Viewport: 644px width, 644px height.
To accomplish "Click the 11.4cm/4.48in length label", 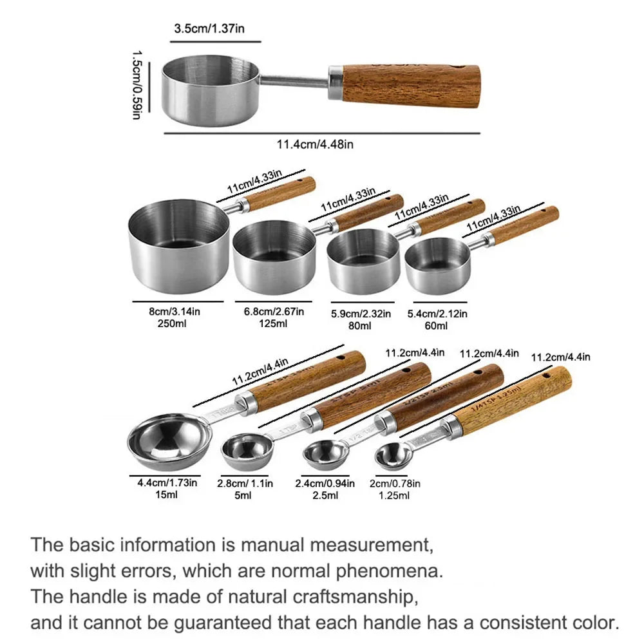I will tap(315, 144).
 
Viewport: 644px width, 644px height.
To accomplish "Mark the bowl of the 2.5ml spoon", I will tap(322, 454).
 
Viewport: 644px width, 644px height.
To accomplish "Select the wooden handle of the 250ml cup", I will tap(281, 193).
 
